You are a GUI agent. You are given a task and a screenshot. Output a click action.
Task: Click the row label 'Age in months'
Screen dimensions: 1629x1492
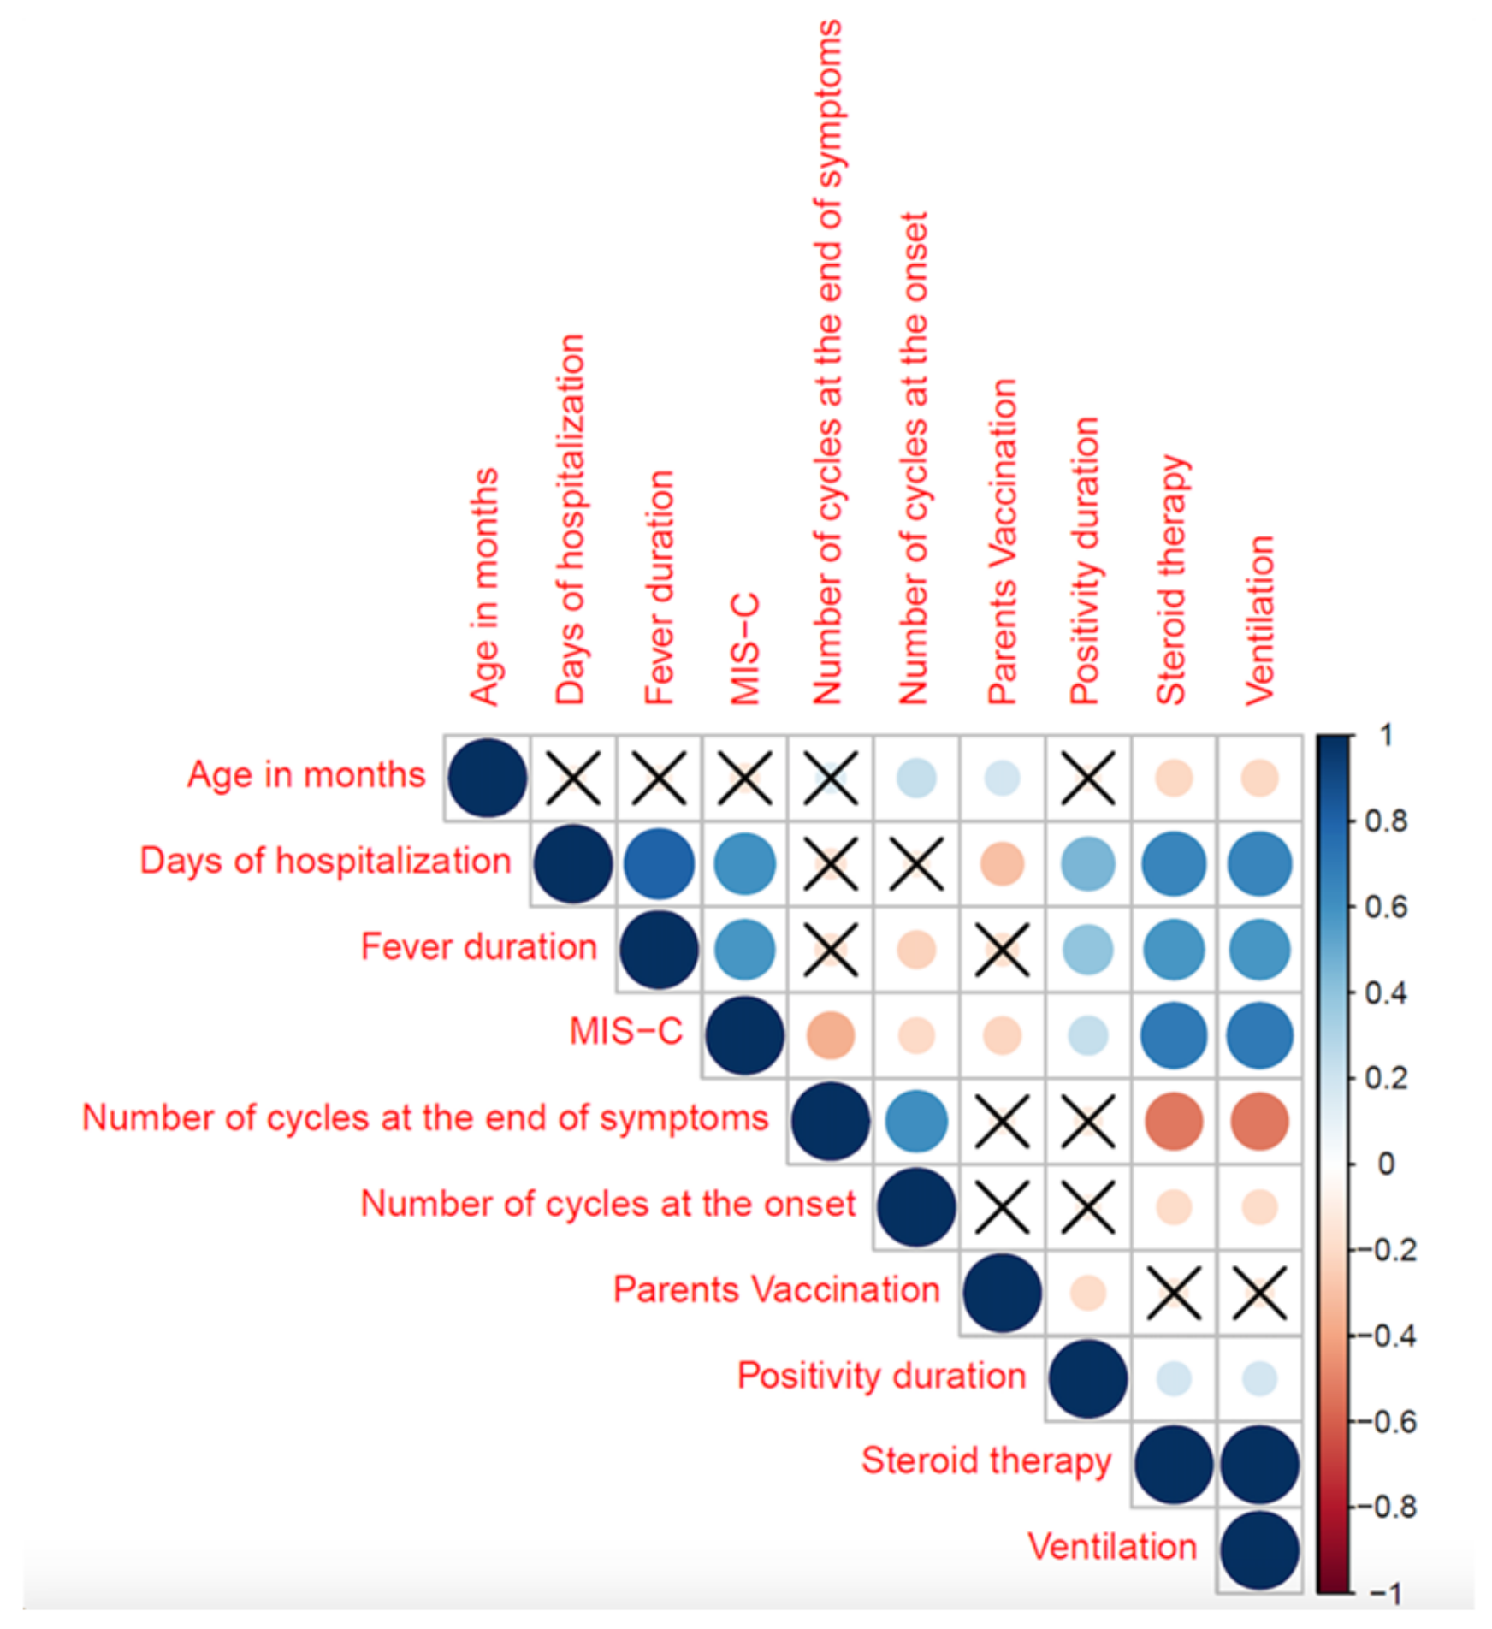305,775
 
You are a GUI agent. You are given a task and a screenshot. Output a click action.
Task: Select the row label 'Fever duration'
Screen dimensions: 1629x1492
478,947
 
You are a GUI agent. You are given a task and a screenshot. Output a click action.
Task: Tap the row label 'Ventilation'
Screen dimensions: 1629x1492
1111,1548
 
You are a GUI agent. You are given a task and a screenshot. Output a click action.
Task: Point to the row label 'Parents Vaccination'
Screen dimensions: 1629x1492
776,1290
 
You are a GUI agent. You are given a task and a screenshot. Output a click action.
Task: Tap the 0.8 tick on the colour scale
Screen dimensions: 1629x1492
1386,821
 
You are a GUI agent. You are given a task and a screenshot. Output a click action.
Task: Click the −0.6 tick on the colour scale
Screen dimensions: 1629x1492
1386,1422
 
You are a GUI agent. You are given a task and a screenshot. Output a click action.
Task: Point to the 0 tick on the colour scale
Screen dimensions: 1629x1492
1386,1164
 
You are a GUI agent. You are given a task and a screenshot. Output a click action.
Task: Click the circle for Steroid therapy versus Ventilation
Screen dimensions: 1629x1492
1259,1464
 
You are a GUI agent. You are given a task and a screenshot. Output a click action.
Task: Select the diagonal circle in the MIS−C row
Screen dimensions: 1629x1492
745,1035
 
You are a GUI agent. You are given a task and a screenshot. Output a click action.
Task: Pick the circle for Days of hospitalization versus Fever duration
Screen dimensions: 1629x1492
659,863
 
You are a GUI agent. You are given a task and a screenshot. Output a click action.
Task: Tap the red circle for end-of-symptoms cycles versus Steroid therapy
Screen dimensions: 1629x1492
1174,1121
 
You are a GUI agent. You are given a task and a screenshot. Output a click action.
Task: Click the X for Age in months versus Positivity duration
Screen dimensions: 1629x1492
1087,778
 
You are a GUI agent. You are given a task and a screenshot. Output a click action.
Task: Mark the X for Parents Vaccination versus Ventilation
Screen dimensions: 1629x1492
1259,1293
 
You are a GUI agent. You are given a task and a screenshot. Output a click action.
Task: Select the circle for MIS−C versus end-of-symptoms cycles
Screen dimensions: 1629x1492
830,1035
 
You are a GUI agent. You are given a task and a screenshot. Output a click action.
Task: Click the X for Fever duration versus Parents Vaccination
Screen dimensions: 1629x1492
1002,950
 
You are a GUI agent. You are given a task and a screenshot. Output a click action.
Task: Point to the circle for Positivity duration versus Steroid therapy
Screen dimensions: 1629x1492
1174,1378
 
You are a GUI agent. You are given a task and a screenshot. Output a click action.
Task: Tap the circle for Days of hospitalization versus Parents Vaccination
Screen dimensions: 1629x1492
1002,863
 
